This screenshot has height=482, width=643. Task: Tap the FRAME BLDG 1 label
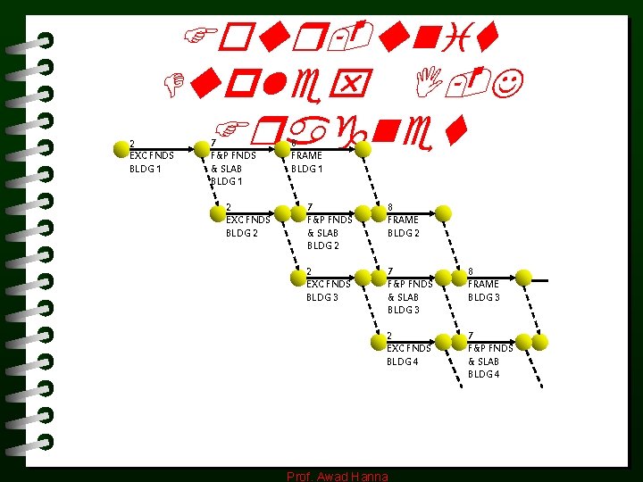(x=307, y=162)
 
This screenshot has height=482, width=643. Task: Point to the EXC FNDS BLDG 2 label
(x=248, y=220)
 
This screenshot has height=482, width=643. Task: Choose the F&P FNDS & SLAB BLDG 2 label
(x=330, y=226)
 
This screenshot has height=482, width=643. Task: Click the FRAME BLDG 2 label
(x=403, y=220)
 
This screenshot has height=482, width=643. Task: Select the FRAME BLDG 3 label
(x=484, y=284)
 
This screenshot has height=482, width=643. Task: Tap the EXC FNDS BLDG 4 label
(x=409, y=348)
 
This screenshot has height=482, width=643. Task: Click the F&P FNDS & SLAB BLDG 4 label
(x=490, y=354)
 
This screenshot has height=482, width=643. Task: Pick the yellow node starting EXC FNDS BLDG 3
(x=282, y=277)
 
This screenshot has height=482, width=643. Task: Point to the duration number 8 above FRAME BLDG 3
(x=472, y=271)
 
